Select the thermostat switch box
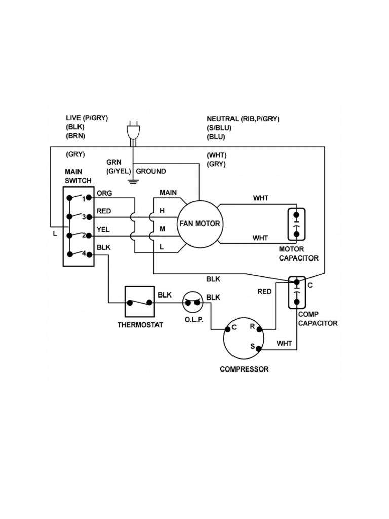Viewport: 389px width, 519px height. coord(139,302)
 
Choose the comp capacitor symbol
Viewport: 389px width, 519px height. coord(296,292)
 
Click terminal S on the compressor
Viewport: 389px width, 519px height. coord(258,348)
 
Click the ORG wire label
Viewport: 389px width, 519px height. coord(104,193)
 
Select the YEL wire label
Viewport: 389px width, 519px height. coord(103,229)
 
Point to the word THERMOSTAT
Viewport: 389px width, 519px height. coord(140,325)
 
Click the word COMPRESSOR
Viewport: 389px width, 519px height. coord(244,369)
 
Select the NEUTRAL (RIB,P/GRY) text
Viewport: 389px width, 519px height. coord(243,119)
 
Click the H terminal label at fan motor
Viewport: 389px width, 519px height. coord(163,210)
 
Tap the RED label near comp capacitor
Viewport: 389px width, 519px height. coord(264,292)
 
